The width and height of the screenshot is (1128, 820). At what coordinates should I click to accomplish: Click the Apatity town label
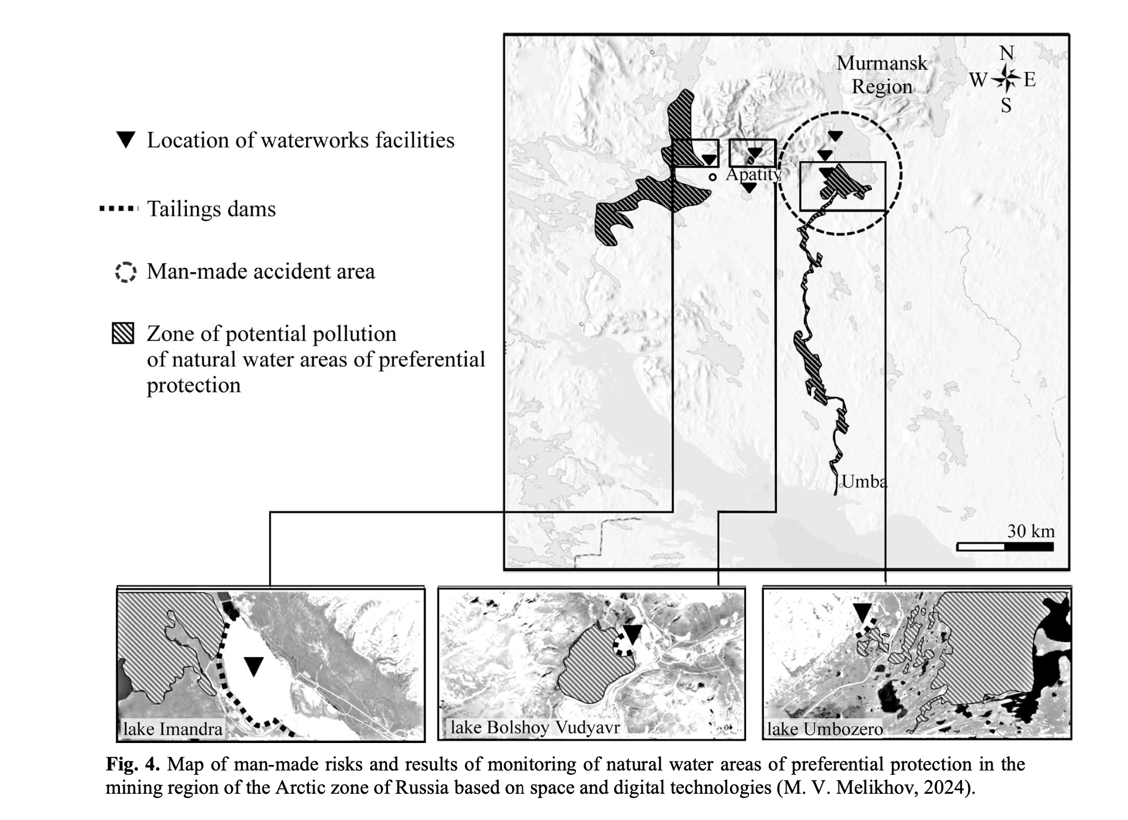click(x=753, y=174)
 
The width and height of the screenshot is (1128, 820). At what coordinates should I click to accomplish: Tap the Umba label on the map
click(x=864, y=481)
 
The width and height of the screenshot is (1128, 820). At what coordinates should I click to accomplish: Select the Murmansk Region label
click(x=882, y=75)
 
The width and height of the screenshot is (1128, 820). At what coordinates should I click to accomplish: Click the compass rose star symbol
click(x=1007, y=78)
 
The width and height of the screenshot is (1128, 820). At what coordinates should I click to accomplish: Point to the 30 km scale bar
click(x=1004, y=546)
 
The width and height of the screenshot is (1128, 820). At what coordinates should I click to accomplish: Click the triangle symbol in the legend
click(x=126, y=140)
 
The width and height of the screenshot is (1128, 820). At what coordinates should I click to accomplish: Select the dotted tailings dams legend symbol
click(x=119, y=209)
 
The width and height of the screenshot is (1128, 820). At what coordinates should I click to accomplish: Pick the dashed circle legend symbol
click(x=125, y=272)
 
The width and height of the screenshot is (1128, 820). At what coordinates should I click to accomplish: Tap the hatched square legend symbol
click(x=123, y=334)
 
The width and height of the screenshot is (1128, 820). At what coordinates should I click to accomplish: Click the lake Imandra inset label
click(x=172, y=729)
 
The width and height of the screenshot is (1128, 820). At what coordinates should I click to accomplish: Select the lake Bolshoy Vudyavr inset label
click(x=535, y=727)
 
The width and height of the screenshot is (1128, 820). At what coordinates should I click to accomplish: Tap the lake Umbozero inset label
click(x=825, y=729)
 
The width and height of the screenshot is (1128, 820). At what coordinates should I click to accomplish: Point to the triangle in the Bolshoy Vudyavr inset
click(x=632, y=634)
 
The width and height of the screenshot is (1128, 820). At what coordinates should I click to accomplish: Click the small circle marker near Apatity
click(x=713, y=177)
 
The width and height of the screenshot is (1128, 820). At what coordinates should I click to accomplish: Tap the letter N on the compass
click(x=1007, y=53)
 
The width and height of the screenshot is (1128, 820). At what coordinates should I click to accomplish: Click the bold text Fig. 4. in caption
click(x=132, y=764)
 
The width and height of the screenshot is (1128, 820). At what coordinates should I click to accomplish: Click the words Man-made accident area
click(x=261, y=272)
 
